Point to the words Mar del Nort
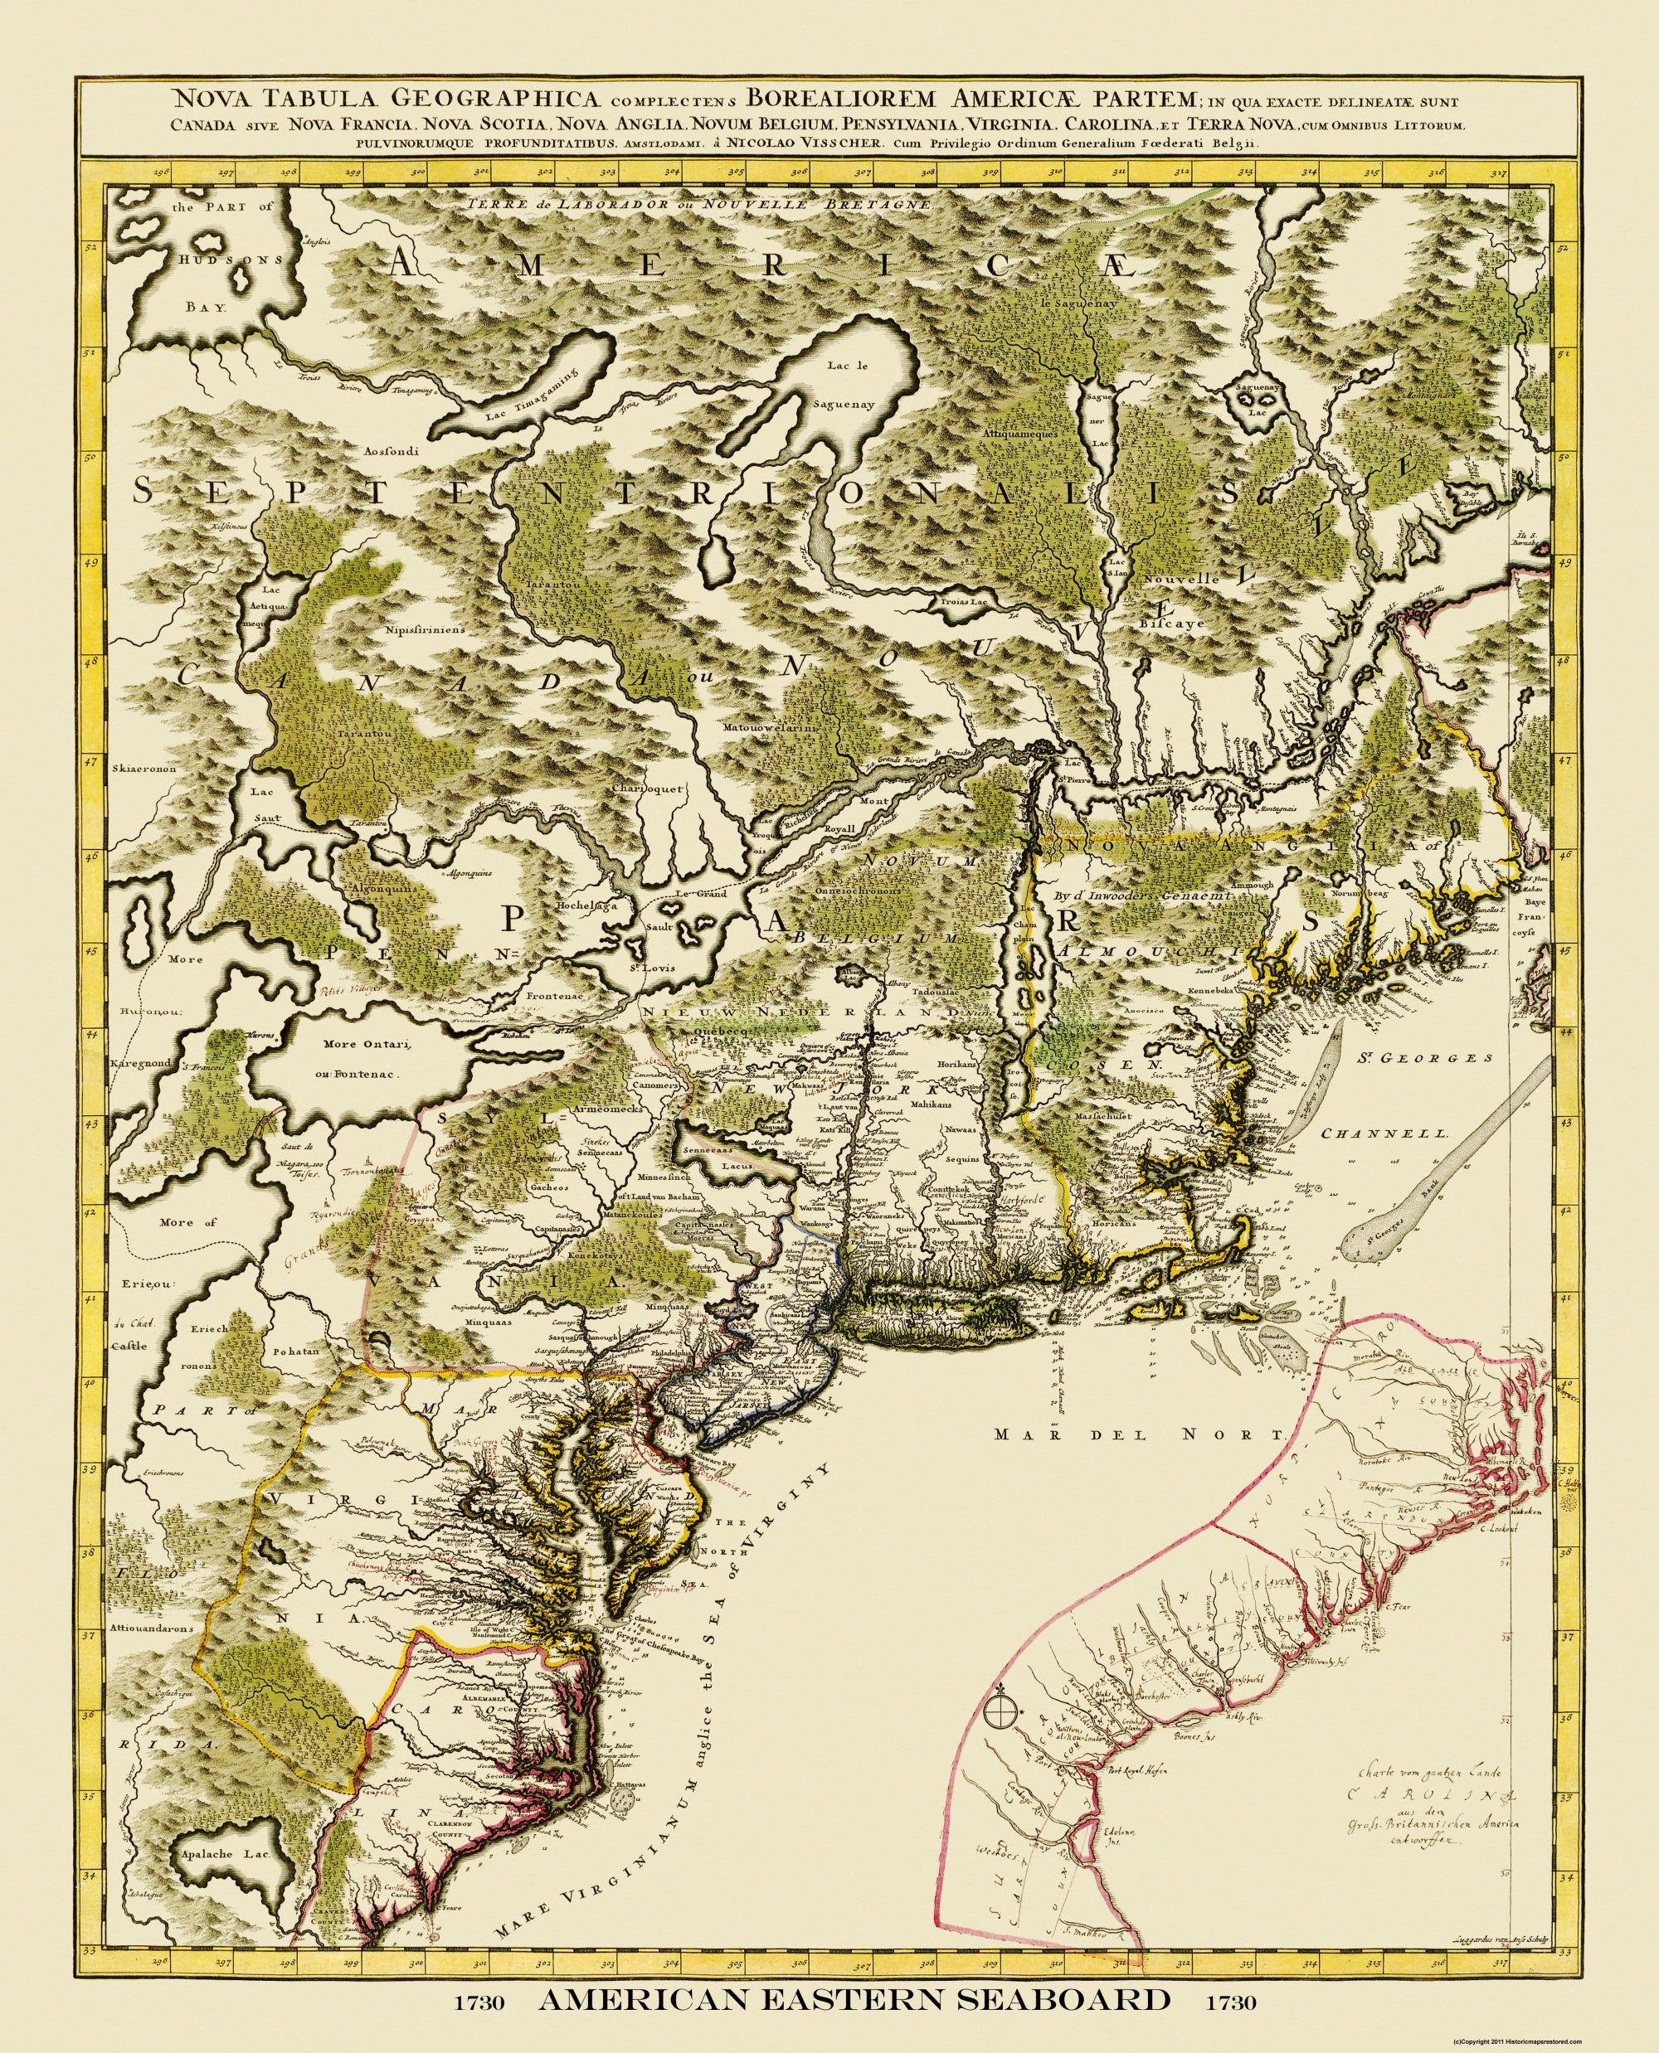tap(1136, 1462)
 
